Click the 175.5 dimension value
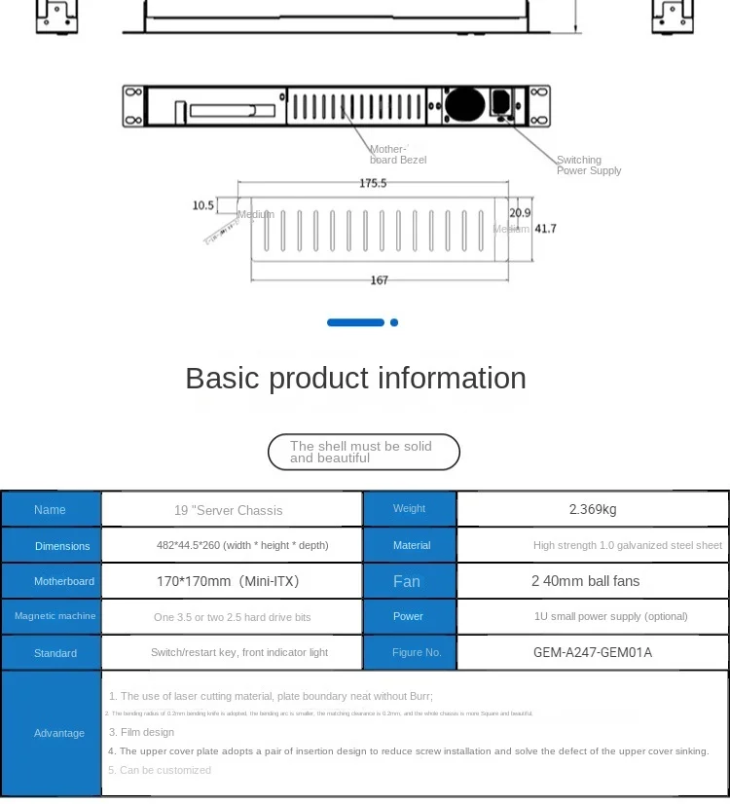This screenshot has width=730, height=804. coord(373,183)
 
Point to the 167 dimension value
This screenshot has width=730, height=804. coord(380,280)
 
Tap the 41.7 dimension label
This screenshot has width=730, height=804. coord(546,229)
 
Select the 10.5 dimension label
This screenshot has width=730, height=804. coord(202,205)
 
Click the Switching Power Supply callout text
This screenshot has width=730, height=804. coord(588,165)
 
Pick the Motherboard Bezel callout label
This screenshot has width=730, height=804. coord(397,155)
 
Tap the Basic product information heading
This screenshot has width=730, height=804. coord(355,378)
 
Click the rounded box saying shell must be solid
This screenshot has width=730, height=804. coord(363,452)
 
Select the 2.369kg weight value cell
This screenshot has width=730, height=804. coord(592,509)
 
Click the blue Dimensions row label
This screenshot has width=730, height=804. coord(62,546)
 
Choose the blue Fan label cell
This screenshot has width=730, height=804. coord(407,581)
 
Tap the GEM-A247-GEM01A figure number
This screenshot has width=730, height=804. coord(592,652)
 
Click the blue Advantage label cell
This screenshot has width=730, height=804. coord(58,733)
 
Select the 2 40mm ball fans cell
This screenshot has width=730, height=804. coord(585,581)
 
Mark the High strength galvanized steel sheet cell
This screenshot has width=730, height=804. coord(627,545)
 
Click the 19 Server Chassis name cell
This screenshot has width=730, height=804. coord(228,510)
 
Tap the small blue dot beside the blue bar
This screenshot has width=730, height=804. coord(394,322)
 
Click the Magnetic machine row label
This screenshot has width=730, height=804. coord(55,616)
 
